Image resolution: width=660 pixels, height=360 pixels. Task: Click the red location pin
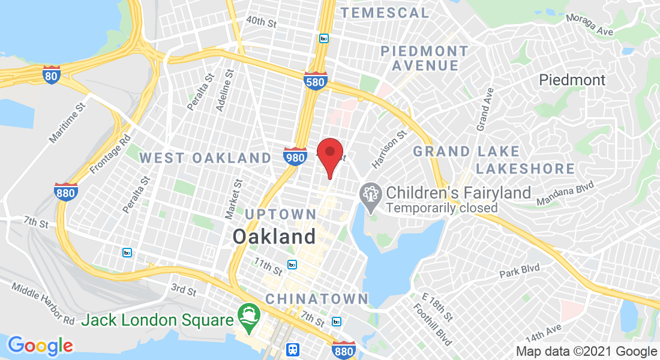point(329,153)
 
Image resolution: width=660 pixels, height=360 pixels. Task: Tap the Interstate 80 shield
point(52,75)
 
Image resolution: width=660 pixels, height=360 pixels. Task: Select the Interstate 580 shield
point(319,80)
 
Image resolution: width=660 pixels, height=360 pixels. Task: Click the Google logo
point(40,346)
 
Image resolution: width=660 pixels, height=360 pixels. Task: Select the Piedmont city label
point(572,80)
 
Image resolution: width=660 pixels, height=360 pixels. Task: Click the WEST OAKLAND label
point(205,158)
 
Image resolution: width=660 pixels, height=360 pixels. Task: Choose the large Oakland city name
point(274,236)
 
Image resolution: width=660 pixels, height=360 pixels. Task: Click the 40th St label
point(260,22)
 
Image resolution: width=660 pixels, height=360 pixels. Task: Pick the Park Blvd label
point(520,271)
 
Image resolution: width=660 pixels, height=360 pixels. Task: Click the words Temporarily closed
point(442,208)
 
